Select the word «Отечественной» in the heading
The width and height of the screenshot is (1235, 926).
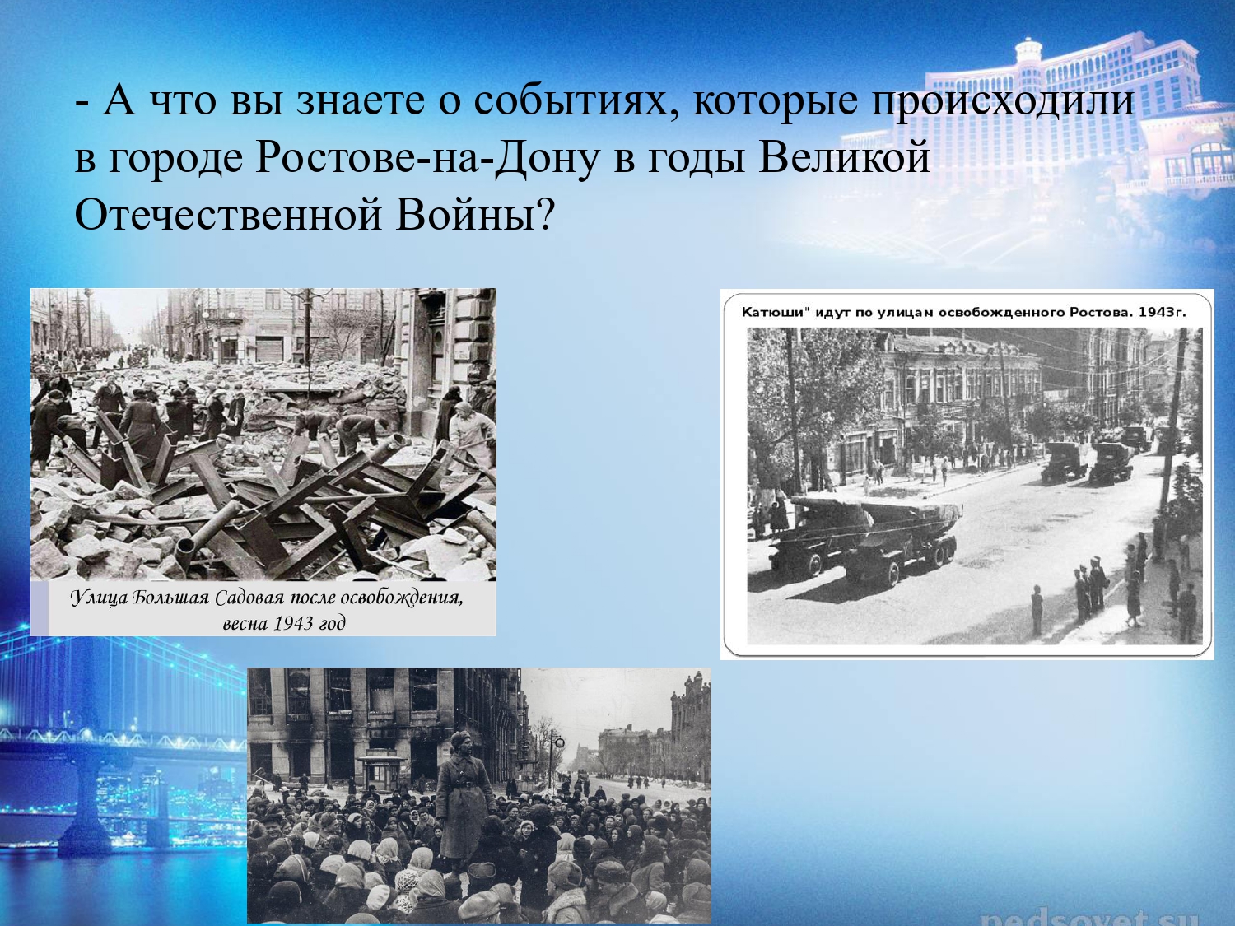point(227,215)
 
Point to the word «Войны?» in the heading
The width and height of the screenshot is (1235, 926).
point(473,215)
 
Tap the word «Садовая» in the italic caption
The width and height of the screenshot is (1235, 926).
point(249,598)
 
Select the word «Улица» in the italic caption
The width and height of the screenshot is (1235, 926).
point(100,598)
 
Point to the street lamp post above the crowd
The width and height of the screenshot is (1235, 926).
point(556,753)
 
